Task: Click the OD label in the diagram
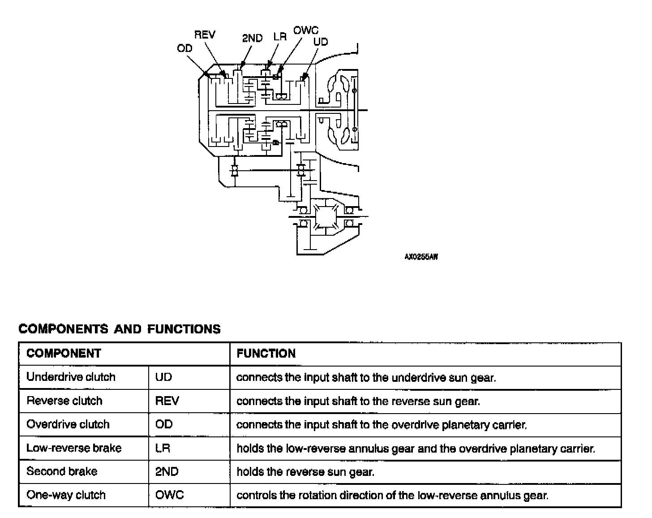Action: [184, 48]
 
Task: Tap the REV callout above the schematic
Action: [205, 35]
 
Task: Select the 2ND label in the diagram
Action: [252, 39]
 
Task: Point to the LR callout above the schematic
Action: [280, 37]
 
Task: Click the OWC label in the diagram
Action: [306, 30]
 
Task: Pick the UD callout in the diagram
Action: [321, 42]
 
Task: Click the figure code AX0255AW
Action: [421, 257]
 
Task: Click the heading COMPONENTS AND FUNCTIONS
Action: [120, 329]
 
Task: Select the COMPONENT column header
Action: [64, 354]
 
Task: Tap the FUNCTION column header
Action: [266, 354]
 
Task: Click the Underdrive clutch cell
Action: [71, 377]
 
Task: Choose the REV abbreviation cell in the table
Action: [167, 401]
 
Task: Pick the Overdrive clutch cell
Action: [68, 424]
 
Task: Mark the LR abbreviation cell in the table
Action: [163, 448]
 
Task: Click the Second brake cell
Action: [62, 471]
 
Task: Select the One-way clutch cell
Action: [66, 495]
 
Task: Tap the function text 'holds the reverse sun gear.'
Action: [305, 472]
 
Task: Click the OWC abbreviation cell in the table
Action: [169, 495]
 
